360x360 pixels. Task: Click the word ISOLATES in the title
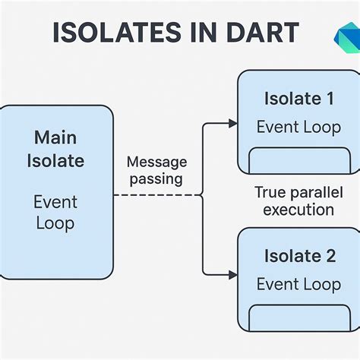pyautogui.click(x=108, y=33)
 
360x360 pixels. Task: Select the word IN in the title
pyautogui.click(x=191, y=33)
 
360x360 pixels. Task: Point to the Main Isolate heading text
pyautogui.click(x=55, y=150)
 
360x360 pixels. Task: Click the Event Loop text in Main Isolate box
pyautogui.click(x=55, y=213)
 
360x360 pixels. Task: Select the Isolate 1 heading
pyautogui.click(x=298, y=98)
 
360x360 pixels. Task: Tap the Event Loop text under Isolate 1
pyautogui.click(x=298, y=126)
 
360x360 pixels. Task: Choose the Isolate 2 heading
pyautogui.click(x=299, y=256)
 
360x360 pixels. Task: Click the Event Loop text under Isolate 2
pyautogui.click(x=298, y=284)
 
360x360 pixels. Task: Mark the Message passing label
pyautogui.click(x=156, y=170)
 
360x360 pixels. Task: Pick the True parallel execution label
pyautogui.click(x=298, y=201)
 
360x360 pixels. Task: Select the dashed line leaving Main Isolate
pyautogui.click(x=156, y=195)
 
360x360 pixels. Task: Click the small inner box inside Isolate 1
pyautogui.click(x=298, y=161)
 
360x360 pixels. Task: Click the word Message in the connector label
pyautogui.click(x=156, y=162)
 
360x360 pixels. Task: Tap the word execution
pyautogui.click(x=298, y=210)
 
